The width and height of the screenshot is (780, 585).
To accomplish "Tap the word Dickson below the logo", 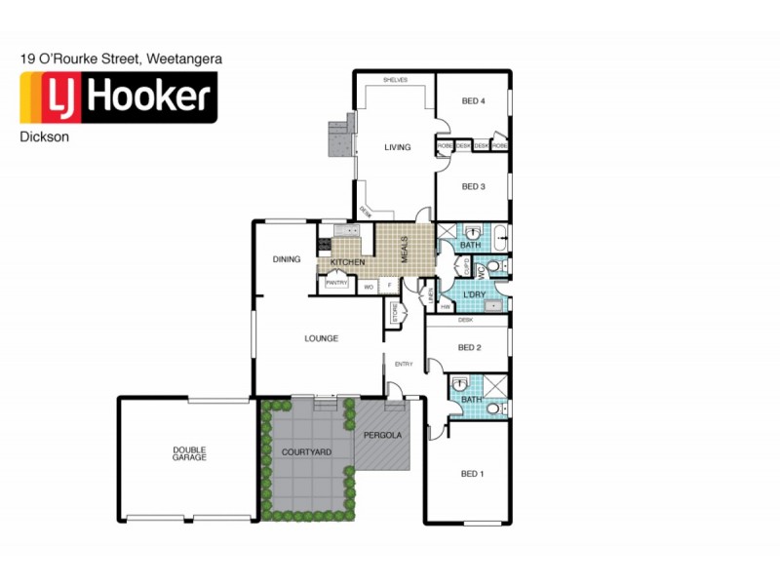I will click(x=44, y=137).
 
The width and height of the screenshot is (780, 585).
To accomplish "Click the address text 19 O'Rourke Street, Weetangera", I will click(x=121, y=58).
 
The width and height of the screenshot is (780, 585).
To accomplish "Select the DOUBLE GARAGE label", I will click(x=189, y=453).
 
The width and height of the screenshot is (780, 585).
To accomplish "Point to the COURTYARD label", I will click(x=307, y=452).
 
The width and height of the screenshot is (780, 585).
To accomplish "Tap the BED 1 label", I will click(x=472, y=474).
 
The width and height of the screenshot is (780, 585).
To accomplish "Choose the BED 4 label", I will click(x=473, y=101).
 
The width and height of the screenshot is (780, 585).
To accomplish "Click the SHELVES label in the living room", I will click(x=395, y=80).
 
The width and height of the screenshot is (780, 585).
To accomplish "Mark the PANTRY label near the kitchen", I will click(x=336, y=283).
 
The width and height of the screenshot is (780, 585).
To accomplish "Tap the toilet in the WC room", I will click(x=493, y=265).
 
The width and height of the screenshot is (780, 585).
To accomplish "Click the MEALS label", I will click(x=404, y=247).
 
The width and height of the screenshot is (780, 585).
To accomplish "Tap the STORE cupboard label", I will click(x=396, y=312).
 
